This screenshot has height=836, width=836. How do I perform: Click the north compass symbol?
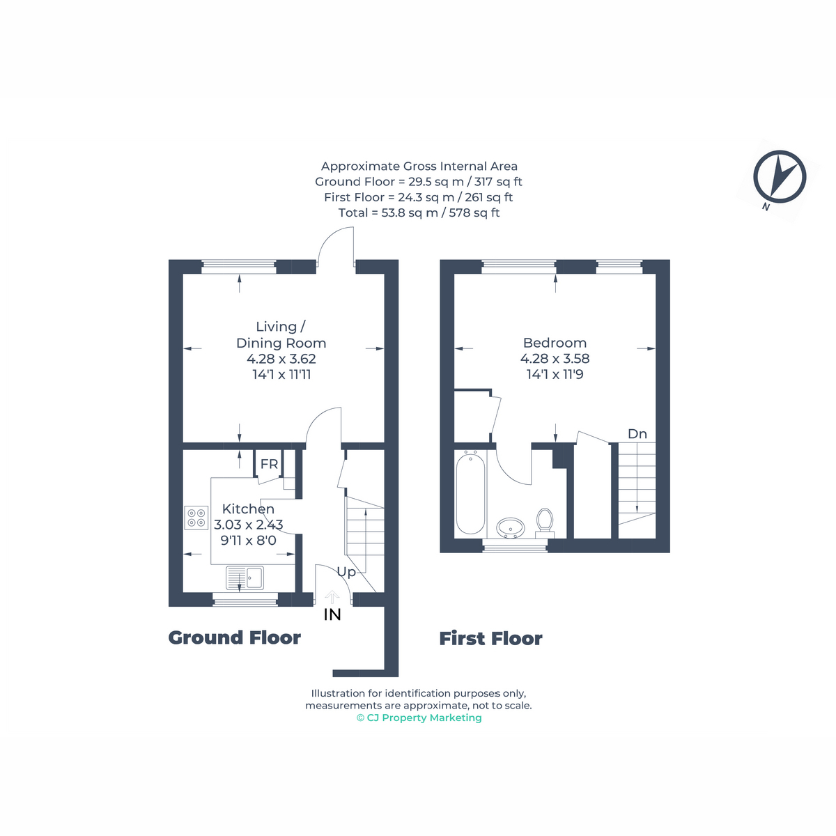point(779,178)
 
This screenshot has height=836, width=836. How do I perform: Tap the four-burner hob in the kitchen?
point(196,518)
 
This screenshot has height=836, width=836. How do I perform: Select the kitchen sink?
point(245,578)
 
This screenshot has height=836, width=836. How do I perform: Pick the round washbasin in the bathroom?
point(510,528)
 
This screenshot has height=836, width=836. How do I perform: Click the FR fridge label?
point(269,464)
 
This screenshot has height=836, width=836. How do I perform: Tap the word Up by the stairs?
point(346,573)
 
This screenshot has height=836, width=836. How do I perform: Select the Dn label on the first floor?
point(637,434)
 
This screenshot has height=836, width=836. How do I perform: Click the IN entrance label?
point(332,614)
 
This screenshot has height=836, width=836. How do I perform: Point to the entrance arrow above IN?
point(332,597)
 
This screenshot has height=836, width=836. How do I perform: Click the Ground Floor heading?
point(234,637)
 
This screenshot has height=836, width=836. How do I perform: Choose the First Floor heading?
point(490,639)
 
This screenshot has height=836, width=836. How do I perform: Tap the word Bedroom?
point(555,343)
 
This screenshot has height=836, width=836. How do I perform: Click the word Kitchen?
point(248,509)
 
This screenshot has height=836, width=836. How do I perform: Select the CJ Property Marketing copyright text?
point(419,718)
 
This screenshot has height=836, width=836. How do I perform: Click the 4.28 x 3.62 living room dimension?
point(281,359)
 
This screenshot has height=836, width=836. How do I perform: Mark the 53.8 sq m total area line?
point(419,212)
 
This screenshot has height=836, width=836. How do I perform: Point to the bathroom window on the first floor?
point(515,545)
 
